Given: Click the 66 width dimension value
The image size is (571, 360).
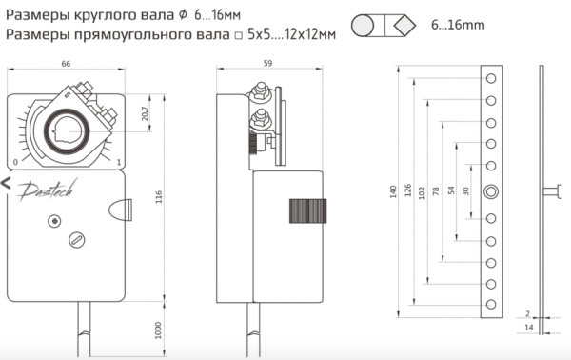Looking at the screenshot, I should (x=66, y=64).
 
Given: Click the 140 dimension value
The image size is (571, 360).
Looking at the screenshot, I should (x=393, y=190).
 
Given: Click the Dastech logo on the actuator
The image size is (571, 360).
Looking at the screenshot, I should (x=43, y=190).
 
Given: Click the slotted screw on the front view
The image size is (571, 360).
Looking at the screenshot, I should (x=76, y=240).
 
